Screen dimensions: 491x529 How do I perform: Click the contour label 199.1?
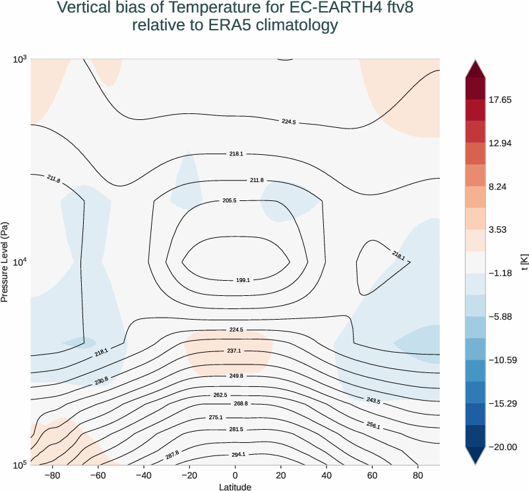tap(243, 280)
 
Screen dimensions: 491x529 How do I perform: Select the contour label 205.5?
tap(230, 200)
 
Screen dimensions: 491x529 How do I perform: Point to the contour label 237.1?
tap(234, 351)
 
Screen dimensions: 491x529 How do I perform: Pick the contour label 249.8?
tap(235, 375)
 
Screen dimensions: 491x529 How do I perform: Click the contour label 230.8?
tap(101, 380)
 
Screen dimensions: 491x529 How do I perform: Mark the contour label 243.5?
tap(373, 401)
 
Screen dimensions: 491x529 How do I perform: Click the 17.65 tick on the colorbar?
tap(500, 100)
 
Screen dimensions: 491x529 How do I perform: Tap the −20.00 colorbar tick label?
tap(503, 447)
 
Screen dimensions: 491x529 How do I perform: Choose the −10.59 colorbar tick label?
tap(503, 360)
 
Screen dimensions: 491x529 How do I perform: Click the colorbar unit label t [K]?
tap(523, 262)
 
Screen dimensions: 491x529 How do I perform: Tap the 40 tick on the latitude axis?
tap(327, 475)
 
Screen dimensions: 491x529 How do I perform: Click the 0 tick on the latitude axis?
tap(235, 475)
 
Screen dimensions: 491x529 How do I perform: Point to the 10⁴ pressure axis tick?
tap(20, 262)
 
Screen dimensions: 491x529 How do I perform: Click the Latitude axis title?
tap(235, 486)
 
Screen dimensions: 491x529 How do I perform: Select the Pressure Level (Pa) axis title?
tap(5, 262)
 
